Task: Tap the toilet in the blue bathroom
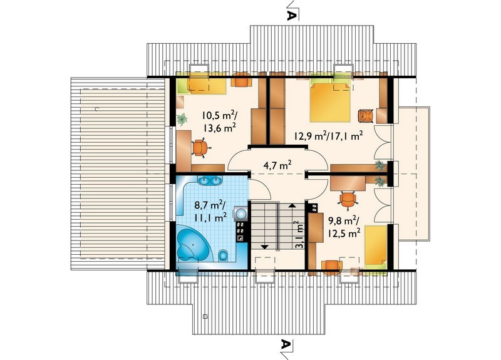tap(223, 255)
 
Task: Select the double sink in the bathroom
tap(210, 180)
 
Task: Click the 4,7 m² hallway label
tap(277, 165)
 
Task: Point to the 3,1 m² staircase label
tap(299, 234)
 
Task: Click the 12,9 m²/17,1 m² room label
tap(328, 136)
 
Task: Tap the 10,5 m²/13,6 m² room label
tap(219, 121)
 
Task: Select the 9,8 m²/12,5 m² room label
tap(343, 227)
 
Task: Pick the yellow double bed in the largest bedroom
tap(331, 101)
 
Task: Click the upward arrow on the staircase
tap(292, 205)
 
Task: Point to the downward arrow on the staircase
tap(264, 247)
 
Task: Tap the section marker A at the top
tap(291, 14)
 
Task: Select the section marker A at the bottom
tap(286, 344)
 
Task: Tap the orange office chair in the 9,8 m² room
tap(348, 200)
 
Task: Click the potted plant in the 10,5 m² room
tap(182, 119)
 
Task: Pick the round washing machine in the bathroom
tap(240, 212)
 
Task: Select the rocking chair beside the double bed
tap(366, 116)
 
